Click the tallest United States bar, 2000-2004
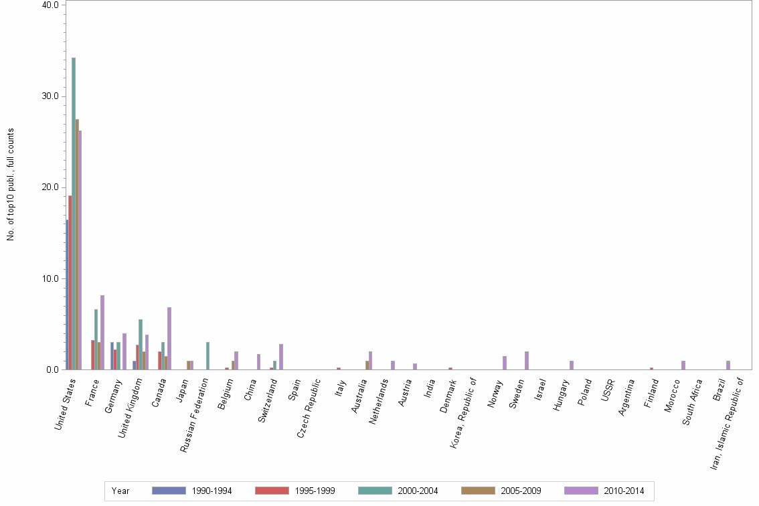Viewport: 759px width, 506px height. [74, 214]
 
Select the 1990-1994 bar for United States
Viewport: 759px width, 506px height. [67, 294]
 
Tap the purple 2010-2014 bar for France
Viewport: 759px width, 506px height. [102, 332]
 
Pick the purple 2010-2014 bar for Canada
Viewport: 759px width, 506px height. [169, 338]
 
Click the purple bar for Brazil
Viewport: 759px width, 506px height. [728, 365]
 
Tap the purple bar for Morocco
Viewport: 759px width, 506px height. [683, 365]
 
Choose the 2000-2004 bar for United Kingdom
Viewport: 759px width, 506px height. [141, 344]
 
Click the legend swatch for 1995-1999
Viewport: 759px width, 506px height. [272, 491]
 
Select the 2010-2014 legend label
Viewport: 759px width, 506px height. [624, 491]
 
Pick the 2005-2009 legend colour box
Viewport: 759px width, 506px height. [478, 491]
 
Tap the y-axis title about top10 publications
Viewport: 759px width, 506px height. [11, 184]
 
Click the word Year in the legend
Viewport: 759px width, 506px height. [120, 491]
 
